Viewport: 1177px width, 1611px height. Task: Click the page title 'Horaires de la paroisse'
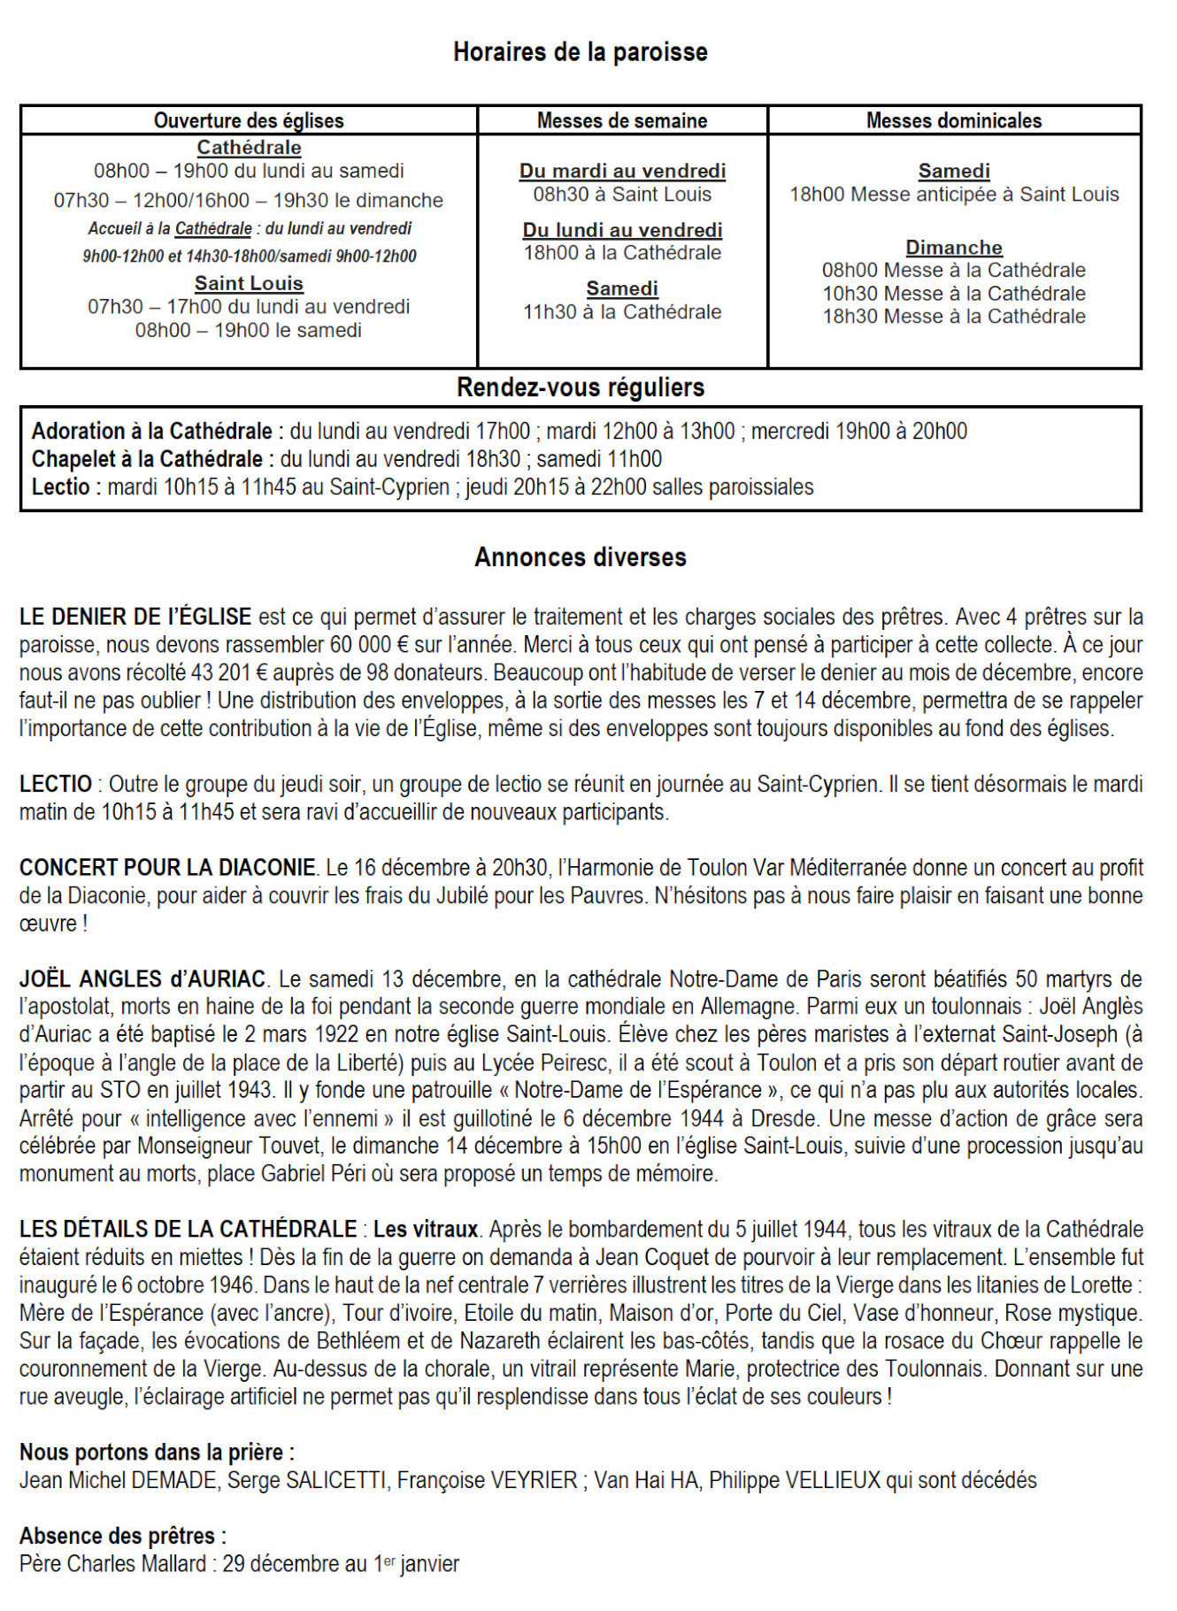580,52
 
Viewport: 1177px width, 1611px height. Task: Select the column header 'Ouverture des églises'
249,120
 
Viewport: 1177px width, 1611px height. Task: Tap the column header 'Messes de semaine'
622,120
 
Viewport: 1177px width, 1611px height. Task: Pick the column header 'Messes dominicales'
954,120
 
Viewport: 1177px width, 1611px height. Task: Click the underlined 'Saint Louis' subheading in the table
249,284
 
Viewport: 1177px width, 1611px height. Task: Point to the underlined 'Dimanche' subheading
954,248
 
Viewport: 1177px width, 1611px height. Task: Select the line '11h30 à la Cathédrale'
622,311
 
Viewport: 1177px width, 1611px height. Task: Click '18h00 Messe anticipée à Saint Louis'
954,195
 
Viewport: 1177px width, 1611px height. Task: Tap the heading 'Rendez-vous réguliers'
581,387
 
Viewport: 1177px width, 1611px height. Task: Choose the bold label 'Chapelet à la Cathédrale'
147,459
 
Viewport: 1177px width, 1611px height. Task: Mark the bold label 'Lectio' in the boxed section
60,487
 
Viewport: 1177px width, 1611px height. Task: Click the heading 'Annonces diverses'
581,557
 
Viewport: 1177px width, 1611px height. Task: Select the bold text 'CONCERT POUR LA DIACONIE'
167,868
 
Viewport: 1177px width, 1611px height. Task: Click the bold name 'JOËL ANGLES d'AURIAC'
142,979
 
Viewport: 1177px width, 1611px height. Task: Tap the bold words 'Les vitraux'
425,1229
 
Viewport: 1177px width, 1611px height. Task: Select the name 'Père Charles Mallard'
112,1564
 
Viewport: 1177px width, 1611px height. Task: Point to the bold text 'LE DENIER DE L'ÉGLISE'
135,617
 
